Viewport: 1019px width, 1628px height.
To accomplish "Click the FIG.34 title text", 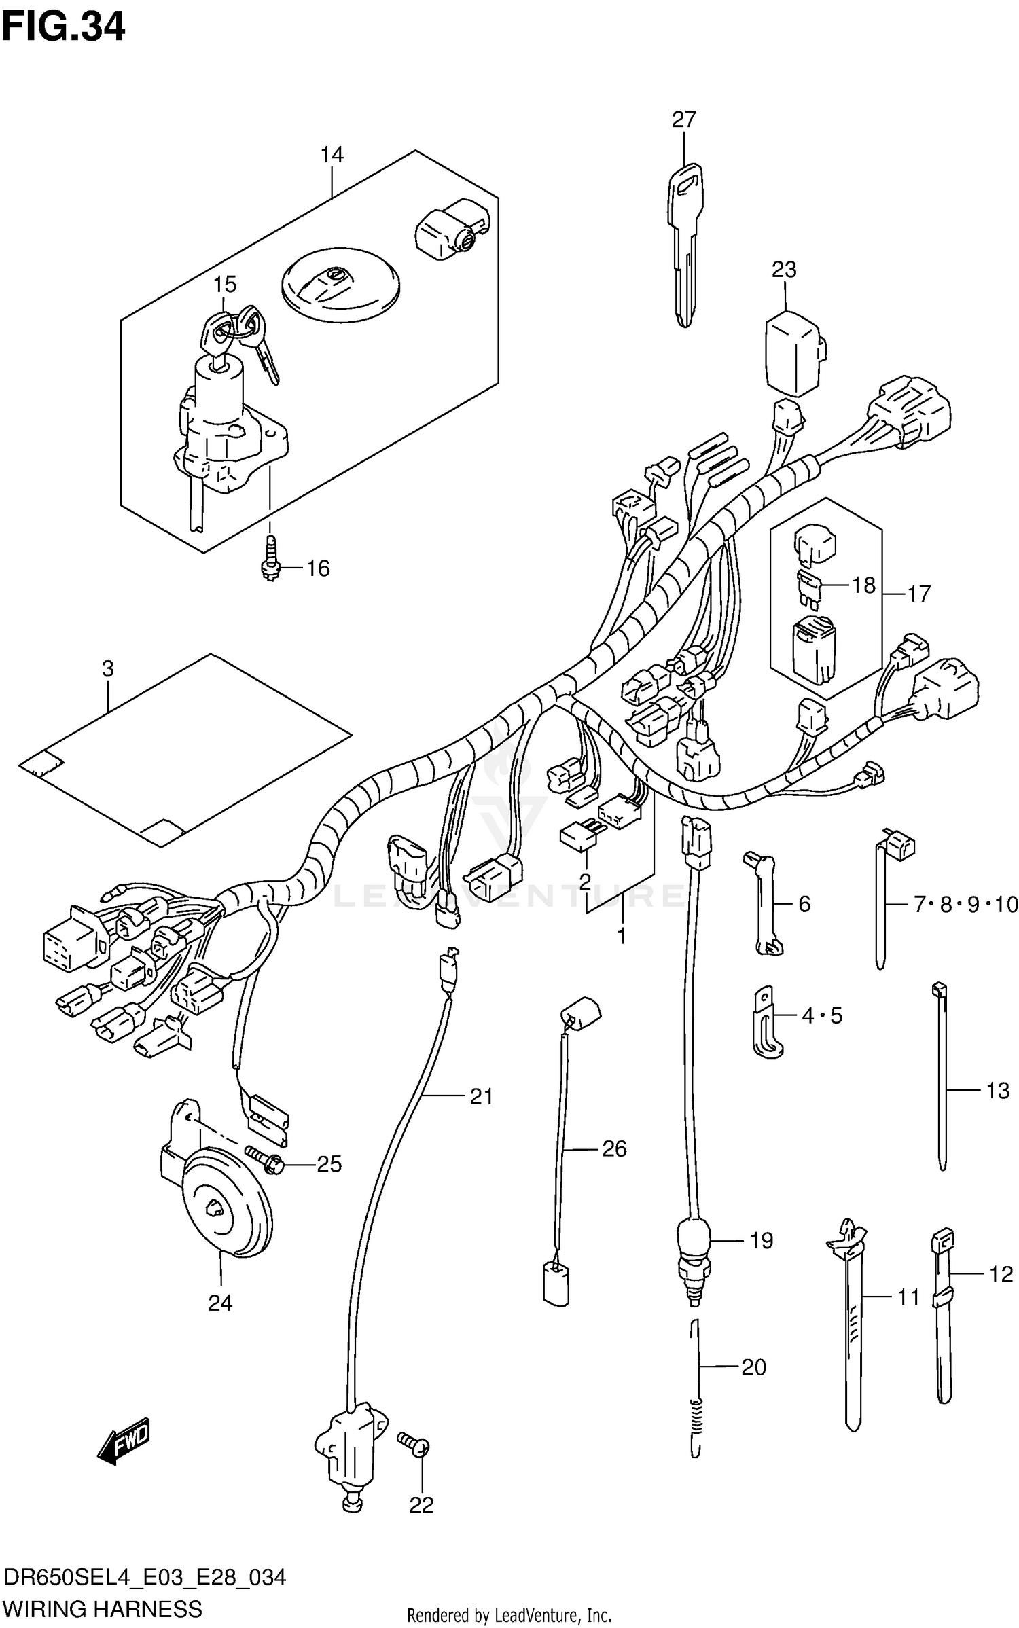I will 63,27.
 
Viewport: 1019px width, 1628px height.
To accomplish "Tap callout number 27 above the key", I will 683,120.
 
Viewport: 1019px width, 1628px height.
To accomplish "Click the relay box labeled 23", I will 793,353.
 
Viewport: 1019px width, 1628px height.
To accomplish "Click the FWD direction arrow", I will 124,1440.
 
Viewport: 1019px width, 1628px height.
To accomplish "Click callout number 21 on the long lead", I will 481,1096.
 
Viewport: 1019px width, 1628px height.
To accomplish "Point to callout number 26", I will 614,1148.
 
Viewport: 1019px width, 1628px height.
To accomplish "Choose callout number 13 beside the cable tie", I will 997,1091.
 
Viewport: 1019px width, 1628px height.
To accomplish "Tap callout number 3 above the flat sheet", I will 108,669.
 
